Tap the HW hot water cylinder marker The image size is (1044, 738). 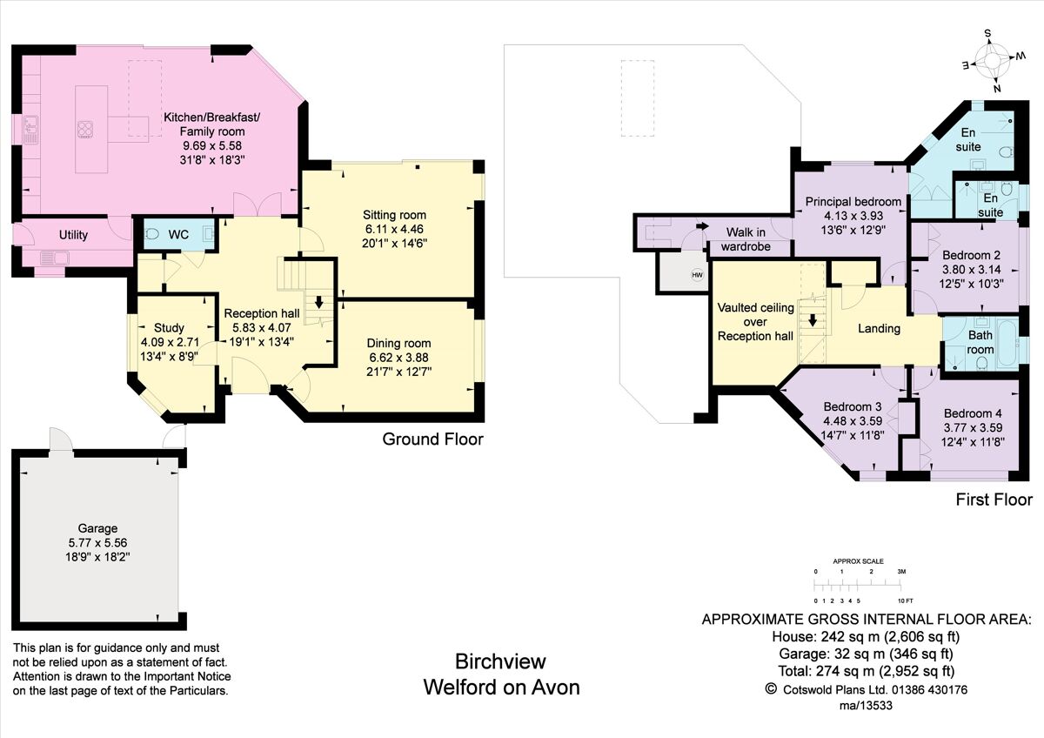tap(696, 275)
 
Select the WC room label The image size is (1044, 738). tap(178, 234)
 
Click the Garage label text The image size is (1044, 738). tap(96, 528)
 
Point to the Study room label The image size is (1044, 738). tap(169, 328)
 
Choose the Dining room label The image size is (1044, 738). tap(398, 343)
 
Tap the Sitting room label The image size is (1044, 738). tap(396, 215)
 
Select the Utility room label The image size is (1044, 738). tap(73, 235)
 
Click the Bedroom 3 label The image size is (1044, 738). tap(853, 406)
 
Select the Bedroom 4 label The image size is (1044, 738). tap(972, 413)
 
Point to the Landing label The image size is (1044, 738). tap(879, 329)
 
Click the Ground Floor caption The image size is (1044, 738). tap(432, 439)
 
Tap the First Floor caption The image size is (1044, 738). tap(994, 500)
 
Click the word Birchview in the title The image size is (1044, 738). tap(500, 662)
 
